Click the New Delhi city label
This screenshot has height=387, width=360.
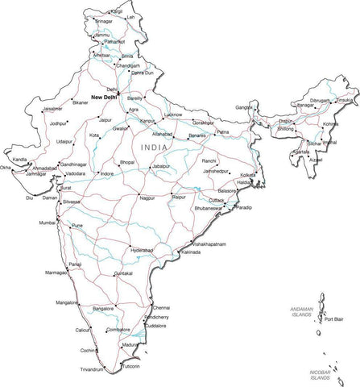[109, 98]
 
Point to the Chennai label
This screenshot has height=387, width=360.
[162, 308]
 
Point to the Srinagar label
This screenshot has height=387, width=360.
[104, 21]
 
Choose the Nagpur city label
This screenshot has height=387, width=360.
[146, 198]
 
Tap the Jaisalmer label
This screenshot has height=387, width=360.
[53, 108]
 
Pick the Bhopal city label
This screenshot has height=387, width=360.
[127, 162]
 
